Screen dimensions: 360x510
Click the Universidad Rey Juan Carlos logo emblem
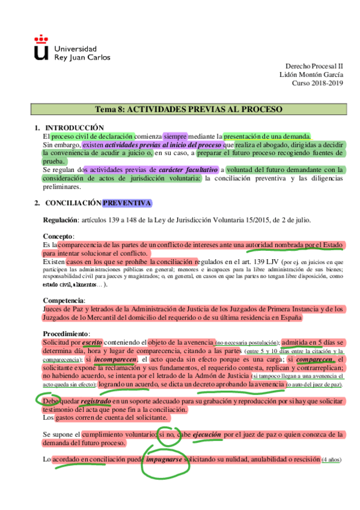click(41, 48)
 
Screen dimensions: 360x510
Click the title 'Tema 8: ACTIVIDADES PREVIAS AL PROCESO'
click(189, 109)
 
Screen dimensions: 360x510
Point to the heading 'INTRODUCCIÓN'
click(75, 127)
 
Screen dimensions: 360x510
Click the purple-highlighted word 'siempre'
click(175, 136)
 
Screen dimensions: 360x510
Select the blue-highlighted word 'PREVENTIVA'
click(127, 203)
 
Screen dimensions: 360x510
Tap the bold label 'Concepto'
click(57, 237)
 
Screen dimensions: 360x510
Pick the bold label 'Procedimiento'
click(66, 334)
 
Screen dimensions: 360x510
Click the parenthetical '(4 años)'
click(331, 459)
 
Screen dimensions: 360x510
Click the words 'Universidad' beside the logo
click(75, 48)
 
